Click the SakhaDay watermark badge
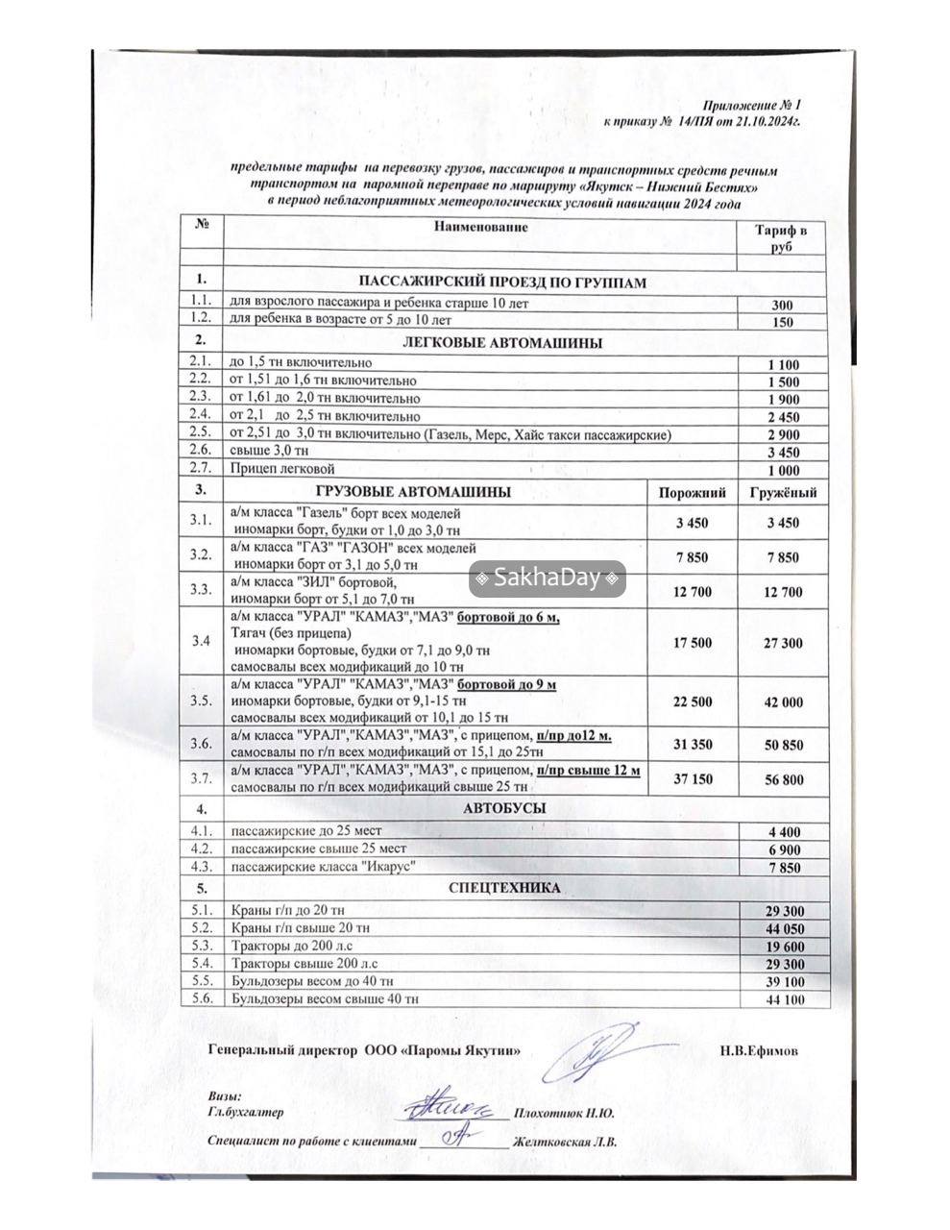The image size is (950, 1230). [547, 578]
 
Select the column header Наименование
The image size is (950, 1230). [480, 227]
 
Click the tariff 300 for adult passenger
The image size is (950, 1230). [782, 306]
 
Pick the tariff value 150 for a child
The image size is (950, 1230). [782, 322]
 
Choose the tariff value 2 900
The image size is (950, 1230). [784, 434]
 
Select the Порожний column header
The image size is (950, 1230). [692, 493]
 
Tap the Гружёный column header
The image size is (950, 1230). [783, 493]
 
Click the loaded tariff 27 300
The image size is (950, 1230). [783, 643]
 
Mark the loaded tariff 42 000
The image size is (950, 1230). [783, 702]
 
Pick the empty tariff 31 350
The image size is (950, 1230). [693, 745]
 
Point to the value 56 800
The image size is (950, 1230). [783, 779]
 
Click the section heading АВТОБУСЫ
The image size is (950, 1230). [504, 809]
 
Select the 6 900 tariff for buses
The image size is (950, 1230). [784, 850]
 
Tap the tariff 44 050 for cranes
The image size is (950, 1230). [784, 928]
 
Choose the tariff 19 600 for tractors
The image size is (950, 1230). [784, 947]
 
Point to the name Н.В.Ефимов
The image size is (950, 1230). [759, 1050]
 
